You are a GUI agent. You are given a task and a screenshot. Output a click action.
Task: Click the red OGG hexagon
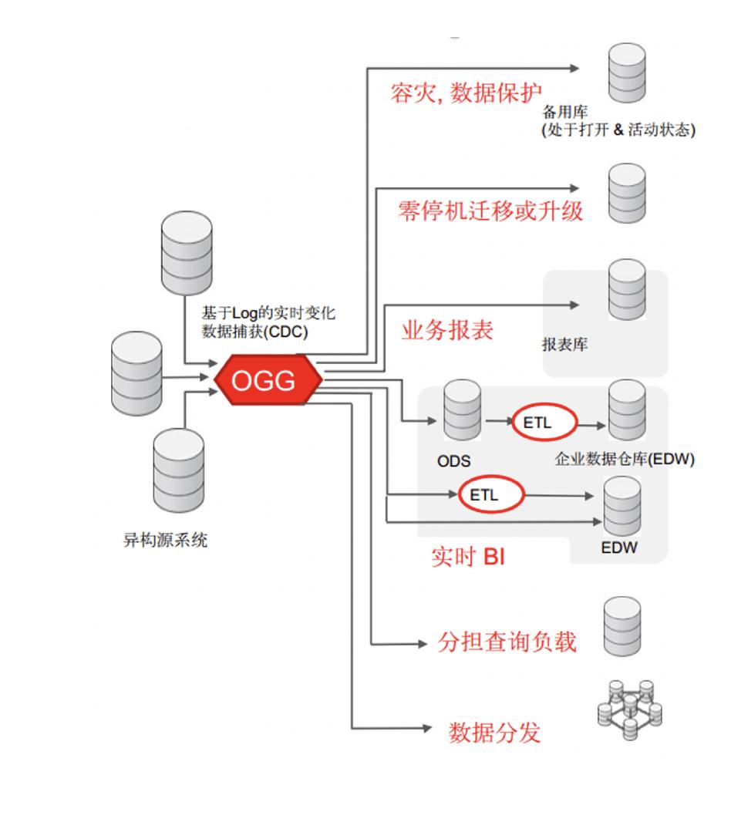[264, 379]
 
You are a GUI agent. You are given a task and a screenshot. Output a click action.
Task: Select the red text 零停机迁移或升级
[490, 210]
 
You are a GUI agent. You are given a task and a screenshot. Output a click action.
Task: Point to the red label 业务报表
[447, 329]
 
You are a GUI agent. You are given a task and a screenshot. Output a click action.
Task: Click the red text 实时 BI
[468, 556]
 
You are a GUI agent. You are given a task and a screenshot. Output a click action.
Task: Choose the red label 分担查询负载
[507, 641]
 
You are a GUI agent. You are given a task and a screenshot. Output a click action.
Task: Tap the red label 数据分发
[494, 732]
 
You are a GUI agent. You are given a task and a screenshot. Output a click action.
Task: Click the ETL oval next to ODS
[544, 423]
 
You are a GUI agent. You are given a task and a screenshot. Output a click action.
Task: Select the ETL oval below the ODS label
[490, 494]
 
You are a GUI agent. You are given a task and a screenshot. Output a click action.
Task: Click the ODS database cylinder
[462, 411]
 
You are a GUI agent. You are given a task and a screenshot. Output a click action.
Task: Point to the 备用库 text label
[564, 113]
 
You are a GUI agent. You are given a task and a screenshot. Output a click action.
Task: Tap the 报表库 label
[564, 345]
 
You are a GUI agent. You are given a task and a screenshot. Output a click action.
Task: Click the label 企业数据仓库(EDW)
[625, 460]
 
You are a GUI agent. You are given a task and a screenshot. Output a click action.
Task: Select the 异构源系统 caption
[165, 540]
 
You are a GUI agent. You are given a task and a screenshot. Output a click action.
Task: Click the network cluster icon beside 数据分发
[630, 709]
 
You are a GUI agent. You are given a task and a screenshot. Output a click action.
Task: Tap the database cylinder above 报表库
[627, 289]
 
